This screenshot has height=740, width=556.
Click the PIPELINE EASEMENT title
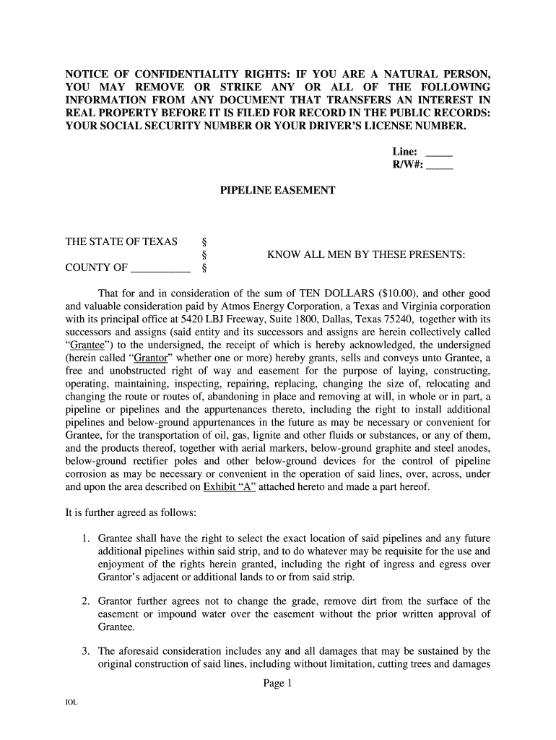tap(278, 191)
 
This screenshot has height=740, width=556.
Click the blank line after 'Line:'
tap(439, 155)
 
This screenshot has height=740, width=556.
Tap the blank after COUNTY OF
tap(160, 270)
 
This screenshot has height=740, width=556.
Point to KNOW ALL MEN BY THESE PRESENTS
tap(366, 255)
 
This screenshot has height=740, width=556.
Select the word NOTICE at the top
tap(88, 75)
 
